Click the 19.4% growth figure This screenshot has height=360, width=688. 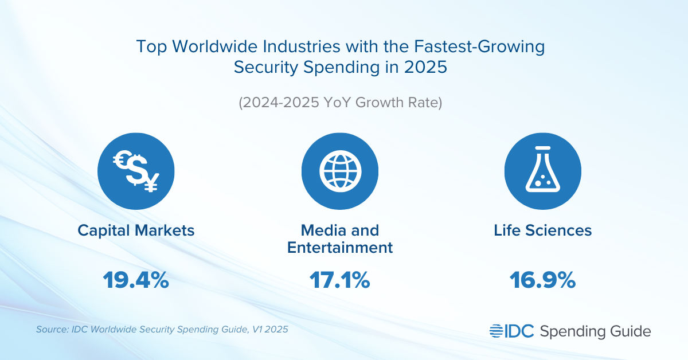point(136,280)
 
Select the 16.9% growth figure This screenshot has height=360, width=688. point(542,280)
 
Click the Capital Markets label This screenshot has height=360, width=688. point(136,230)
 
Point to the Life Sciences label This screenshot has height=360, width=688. point(542,230)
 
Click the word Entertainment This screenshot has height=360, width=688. point(340,248)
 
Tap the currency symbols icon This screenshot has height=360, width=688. point(136,171)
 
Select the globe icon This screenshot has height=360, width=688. point(340,171)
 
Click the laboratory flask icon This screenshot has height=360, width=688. point(542,171)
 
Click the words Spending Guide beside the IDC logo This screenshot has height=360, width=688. point(596,331)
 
